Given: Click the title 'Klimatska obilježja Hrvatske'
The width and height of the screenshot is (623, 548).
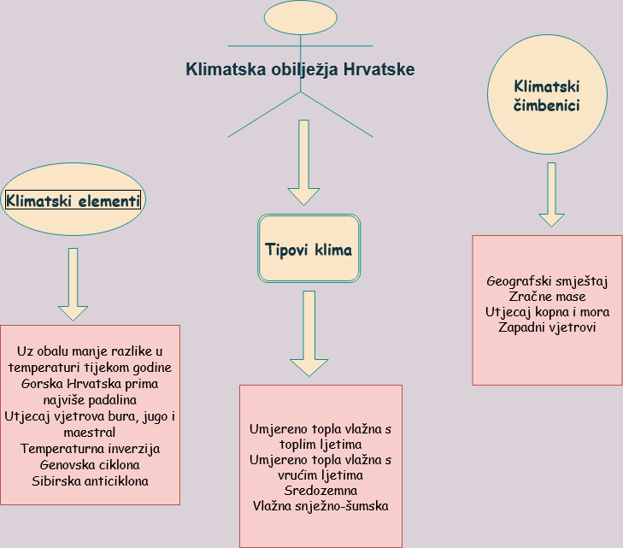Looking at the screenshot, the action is [x=300, y=69].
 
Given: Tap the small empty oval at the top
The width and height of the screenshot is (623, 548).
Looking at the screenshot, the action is [x=301, y=17].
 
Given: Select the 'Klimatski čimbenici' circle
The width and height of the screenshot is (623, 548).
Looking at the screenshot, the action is [x=547, y=94].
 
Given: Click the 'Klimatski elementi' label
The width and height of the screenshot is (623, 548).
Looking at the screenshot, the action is [x=73, y=200].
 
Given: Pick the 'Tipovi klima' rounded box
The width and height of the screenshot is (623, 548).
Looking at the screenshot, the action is [x=309, y=249].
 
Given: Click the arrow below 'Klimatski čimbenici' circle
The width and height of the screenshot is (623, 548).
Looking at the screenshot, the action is [x=551, y=195].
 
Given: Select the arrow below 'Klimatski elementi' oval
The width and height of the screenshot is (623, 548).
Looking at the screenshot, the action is [x=73, y=285].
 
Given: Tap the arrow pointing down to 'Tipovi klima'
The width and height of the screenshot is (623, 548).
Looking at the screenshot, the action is [x=303, y=162].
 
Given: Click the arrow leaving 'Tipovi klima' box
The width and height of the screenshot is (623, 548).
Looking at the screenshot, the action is [x=309, y=333].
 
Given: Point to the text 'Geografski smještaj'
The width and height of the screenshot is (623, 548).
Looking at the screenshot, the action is [x=547, y=282].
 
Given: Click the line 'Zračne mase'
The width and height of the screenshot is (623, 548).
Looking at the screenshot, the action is [x=547, y=297].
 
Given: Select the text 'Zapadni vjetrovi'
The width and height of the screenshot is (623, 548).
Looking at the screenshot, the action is [x=547, y=327].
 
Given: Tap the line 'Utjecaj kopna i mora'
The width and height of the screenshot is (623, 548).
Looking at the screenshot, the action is [x=547, y=312].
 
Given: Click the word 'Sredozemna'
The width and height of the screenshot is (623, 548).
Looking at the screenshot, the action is [x=320, y=491].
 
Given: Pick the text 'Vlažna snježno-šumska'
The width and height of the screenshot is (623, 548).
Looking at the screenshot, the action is [x=320, y=506].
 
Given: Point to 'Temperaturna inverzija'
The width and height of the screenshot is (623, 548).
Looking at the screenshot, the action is [x=91, y=449].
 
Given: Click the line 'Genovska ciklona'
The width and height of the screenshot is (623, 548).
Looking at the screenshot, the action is [x=90, y=464].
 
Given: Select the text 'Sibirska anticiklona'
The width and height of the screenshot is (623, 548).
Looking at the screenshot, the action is [x=90, y=480].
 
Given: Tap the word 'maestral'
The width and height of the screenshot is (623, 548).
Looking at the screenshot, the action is [x=90, y=433].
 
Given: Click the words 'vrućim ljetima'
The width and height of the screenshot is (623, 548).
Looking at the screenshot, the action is [x=320, y=475].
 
